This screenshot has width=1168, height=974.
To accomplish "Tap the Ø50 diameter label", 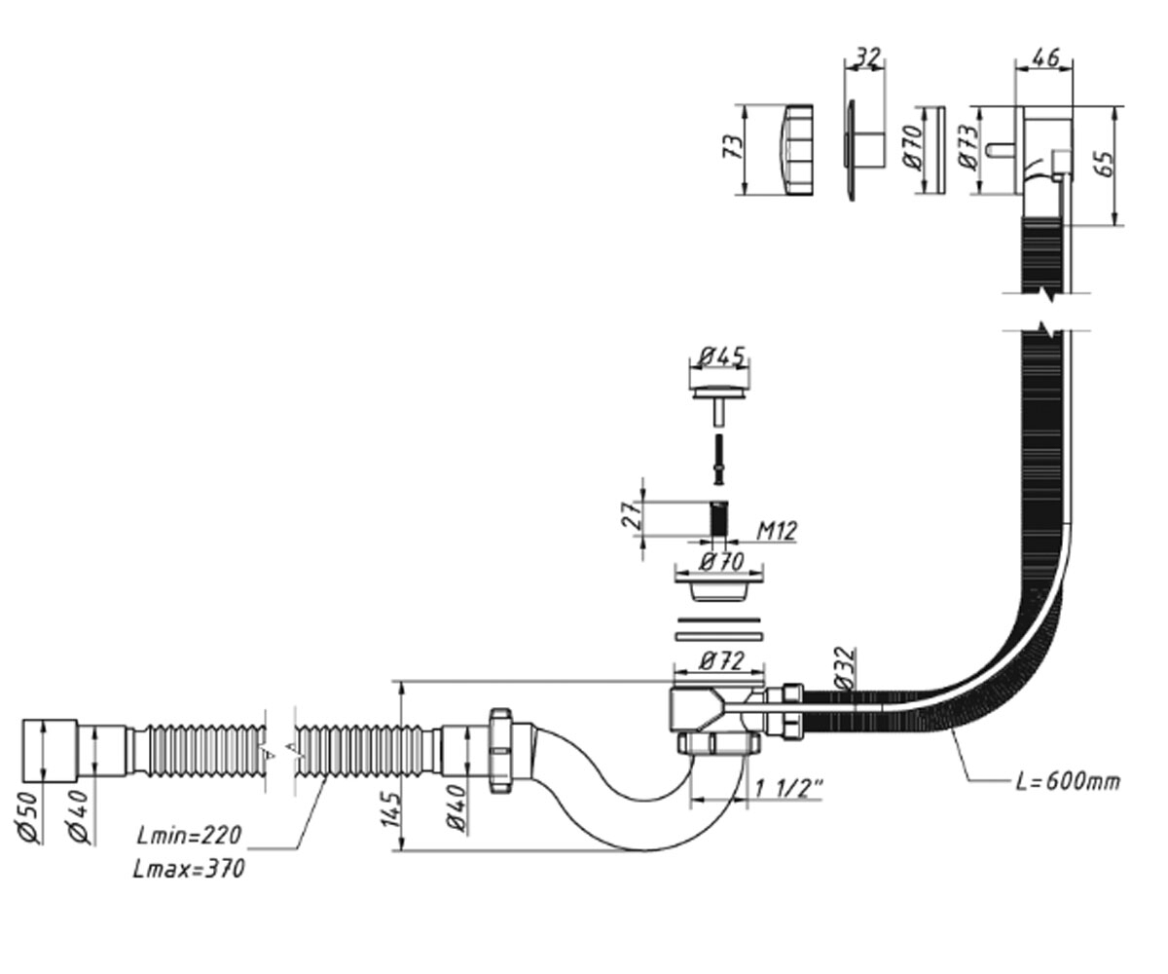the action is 28,818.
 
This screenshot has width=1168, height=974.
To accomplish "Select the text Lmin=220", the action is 189,836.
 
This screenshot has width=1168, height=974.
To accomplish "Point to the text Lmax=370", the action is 189,870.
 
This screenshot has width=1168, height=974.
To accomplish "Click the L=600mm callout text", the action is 1068,782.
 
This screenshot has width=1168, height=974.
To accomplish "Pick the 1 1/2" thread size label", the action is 788,789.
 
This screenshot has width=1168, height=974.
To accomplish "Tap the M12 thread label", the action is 776,531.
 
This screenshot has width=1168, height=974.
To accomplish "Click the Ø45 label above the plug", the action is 721,356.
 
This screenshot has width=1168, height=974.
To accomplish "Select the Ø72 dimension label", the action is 721,662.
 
